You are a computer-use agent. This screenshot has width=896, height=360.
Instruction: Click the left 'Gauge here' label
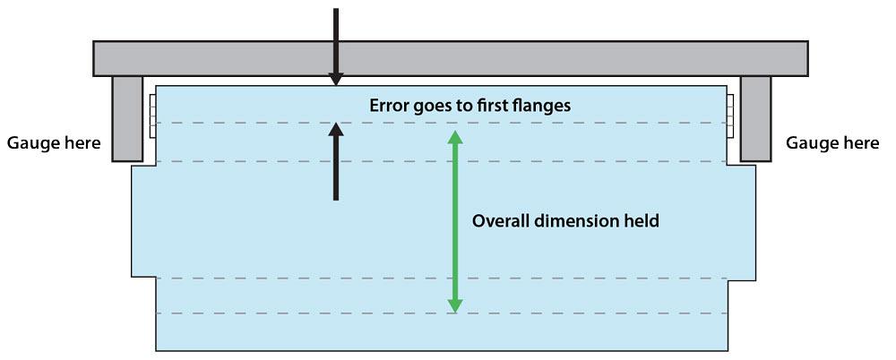(x=53, y=143)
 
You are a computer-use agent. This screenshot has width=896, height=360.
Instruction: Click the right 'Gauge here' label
(x=831, y=143)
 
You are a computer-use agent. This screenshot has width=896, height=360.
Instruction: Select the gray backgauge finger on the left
(x=127, y=118)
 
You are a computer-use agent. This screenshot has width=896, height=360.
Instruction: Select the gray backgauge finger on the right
(x=755, y=118)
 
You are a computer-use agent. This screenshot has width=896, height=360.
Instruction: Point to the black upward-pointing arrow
(x=336, y=161)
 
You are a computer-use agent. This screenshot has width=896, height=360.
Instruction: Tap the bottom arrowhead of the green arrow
(x=455, y=305)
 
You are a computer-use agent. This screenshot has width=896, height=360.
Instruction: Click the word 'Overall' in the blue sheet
(x=500, y=220)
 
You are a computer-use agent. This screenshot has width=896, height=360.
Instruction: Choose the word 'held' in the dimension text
(x=642, y=220)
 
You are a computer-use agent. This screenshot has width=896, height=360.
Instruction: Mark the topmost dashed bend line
(x=269, y=123)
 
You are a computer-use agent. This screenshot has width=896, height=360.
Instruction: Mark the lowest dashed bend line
(x=269, y=313)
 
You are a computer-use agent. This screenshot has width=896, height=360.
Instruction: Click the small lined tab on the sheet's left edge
(x=152, y=116)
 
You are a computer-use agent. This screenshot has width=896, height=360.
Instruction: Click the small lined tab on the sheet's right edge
(x=731, y=116)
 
